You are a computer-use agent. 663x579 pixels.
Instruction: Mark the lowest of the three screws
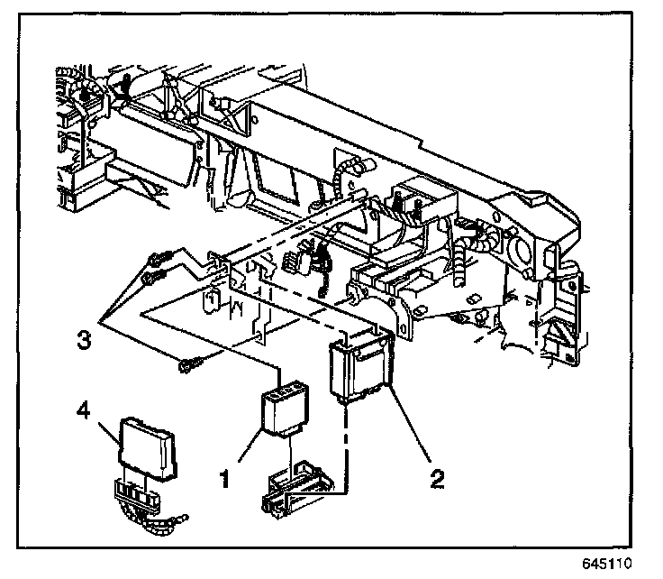(x=190, y=365)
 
